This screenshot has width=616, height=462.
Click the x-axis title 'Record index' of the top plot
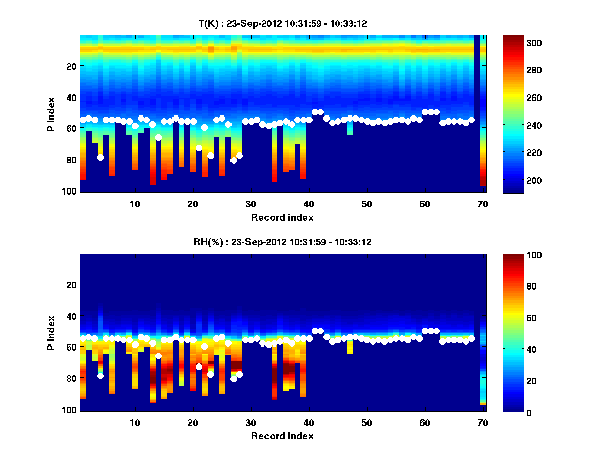[282, 217]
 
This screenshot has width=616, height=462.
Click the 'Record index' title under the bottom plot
[282, 436]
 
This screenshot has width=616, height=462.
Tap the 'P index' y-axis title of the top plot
[51, 114]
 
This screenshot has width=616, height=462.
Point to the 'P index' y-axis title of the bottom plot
[51, 333]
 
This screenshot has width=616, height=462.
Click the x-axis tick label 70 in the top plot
[483, 204]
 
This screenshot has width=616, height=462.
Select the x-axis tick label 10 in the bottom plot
[134, 422]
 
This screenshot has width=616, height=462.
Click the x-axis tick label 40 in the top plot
[309, 204]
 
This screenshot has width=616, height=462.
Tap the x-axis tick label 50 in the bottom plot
[367, 422]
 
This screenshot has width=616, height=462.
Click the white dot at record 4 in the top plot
[100, 157]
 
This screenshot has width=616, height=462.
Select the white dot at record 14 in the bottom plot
[158, 356]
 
